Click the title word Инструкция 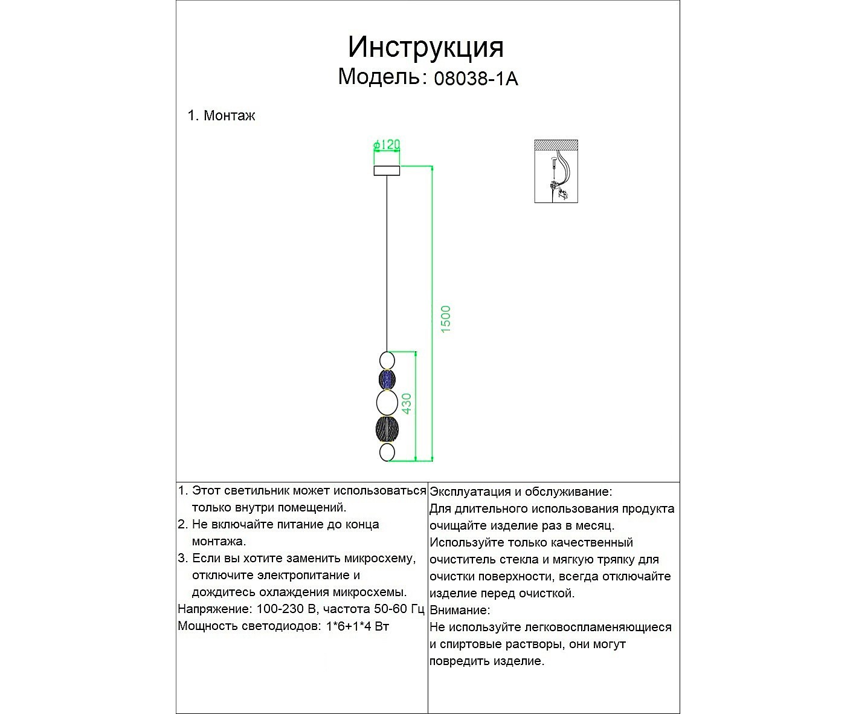425,47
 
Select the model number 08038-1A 476,79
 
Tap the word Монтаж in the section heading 229,115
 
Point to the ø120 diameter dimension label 387,145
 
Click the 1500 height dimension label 446,319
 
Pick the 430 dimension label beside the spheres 407,403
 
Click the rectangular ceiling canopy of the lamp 387,170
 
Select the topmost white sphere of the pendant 387,361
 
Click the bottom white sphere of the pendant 387,452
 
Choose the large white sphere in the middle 387,402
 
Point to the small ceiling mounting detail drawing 556,171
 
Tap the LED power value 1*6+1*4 349,626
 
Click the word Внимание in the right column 459,611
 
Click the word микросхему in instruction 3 379,558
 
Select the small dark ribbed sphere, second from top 387,380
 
